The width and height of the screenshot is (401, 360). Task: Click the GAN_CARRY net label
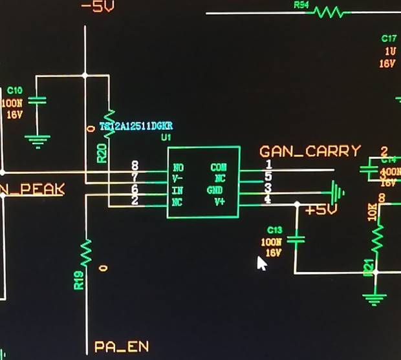pyautogui.click(x=310, y=151)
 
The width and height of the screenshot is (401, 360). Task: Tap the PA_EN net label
pyautogui.click(x=121, y=347)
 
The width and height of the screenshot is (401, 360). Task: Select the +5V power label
pyautogui.click(x=321, y=211)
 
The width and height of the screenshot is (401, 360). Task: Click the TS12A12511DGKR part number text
pyautogui.click(x=136, y=126)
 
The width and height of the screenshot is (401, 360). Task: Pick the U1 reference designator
pyautogui.click(x=166, y=137)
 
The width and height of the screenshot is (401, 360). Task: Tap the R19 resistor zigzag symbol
pyautogui.click(x=86, y=253)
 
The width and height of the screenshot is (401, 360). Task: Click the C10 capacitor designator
pyautogui.click(x=14, y=90)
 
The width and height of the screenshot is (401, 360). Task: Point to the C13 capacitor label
pyautogui.click(x=274, y=231)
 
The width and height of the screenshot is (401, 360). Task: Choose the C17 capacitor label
pyautogui.click(x=389, y=39)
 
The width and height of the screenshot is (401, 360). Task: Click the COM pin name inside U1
pyautogui.click(x=218, y=167)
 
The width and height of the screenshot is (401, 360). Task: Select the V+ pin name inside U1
pyautogui.click(x=219, y=202)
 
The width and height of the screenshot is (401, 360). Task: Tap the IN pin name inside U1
pyautogui.click(x=178, y=191)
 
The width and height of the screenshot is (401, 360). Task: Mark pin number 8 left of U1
pyautogui.click(x=135, y=166)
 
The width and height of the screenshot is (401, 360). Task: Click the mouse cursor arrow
pyautogui.click(x=261, y=264)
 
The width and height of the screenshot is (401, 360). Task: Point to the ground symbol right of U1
pyautogui.click(x=336, y=192)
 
